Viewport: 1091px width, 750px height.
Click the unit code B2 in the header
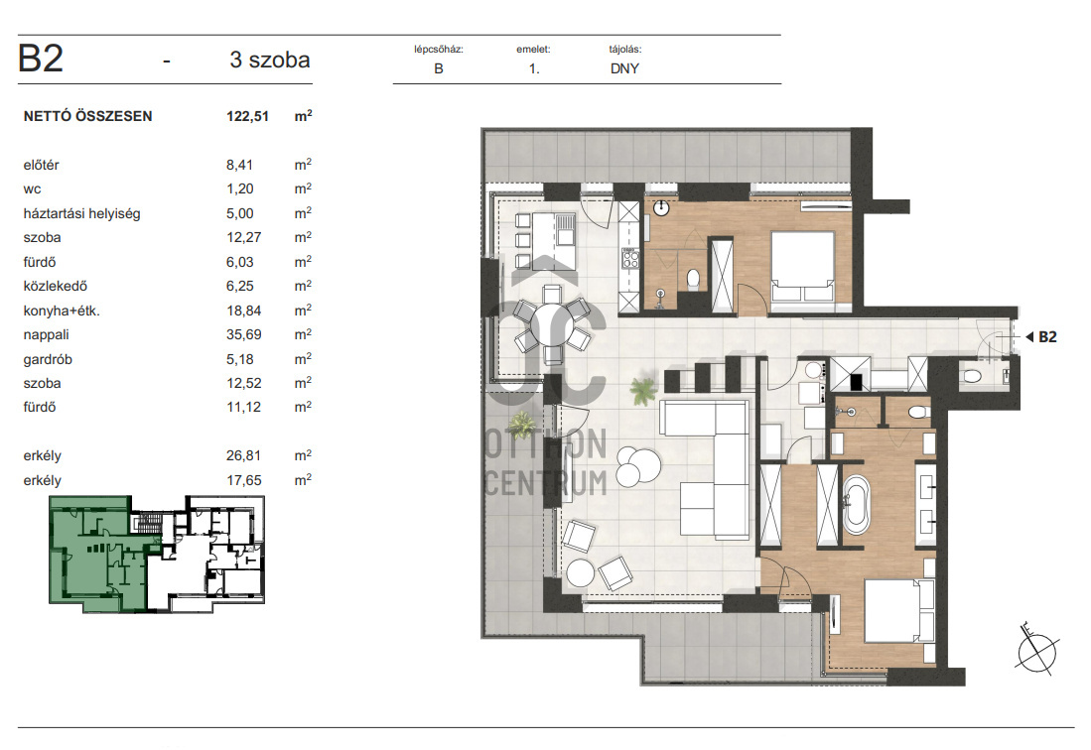click(x=41, y=59)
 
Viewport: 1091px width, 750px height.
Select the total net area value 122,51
click(x=247, y=117)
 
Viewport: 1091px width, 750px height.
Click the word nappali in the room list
click(x=46, y=335)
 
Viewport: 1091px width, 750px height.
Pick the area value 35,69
click(x=243, y=335)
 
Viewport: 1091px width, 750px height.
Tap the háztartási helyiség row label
click(x=81, y=214)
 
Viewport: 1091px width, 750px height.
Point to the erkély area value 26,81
click(x=243, y=456)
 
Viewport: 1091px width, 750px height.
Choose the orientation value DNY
click(x=624, y=68)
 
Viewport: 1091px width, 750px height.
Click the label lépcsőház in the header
click(x=439, y=50)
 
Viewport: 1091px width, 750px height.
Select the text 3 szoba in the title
click(x=270, y=60)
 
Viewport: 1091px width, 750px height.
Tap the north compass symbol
click(x=1036, y=650)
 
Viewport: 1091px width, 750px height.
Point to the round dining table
click(x=552, y=324)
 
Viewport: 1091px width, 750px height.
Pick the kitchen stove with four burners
click(x=629, y=259)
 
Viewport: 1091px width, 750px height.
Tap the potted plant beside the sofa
click(x=643, y=391)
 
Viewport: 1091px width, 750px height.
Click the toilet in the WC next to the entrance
click(x=972, y=377)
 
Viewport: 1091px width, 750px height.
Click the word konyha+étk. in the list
click(x=62, y=312)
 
